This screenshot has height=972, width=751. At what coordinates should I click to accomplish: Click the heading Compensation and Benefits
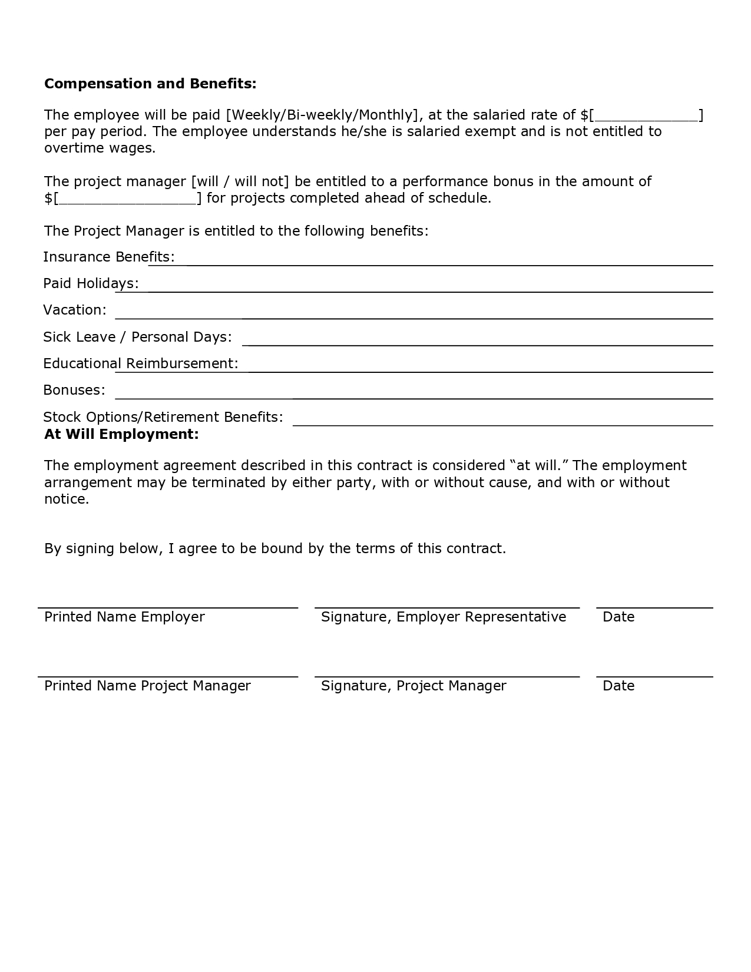click(150, 84)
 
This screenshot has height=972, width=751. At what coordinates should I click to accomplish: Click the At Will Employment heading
click(121, 435)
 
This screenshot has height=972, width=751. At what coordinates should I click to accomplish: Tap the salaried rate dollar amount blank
click(647, 115)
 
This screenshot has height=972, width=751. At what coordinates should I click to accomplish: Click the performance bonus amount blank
click(128, 199)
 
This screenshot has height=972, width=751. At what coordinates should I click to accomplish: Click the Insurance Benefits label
click(109, 257)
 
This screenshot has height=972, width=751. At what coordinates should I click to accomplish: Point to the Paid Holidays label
click(91, 283)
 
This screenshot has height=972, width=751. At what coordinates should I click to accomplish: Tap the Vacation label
click(75, 310)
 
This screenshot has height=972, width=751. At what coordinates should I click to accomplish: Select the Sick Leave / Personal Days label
click(137, 337)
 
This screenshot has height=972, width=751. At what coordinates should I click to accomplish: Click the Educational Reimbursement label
click(141, 363)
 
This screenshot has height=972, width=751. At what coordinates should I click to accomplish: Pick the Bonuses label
click(74, 390)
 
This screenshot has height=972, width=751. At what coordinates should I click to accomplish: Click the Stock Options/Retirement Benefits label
click(163, 417)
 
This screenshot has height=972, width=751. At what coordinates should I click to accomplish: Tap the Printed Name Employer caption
click(124, 617)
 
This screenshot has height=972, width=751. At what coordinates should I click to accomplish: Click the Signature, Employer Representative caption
click(444, 617)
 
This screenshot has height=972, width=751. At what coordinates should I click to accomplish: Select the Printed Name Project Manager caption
click(147, 686)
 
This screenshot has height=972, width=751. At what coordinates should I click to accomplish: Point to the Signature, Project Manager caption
click(413, 686)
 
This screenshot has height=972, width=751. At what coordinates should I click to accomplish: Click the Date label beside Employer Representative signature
click(618, 617)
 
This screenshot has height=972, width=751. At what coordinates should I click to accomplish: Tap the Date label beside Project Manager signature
click(618, 686)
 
